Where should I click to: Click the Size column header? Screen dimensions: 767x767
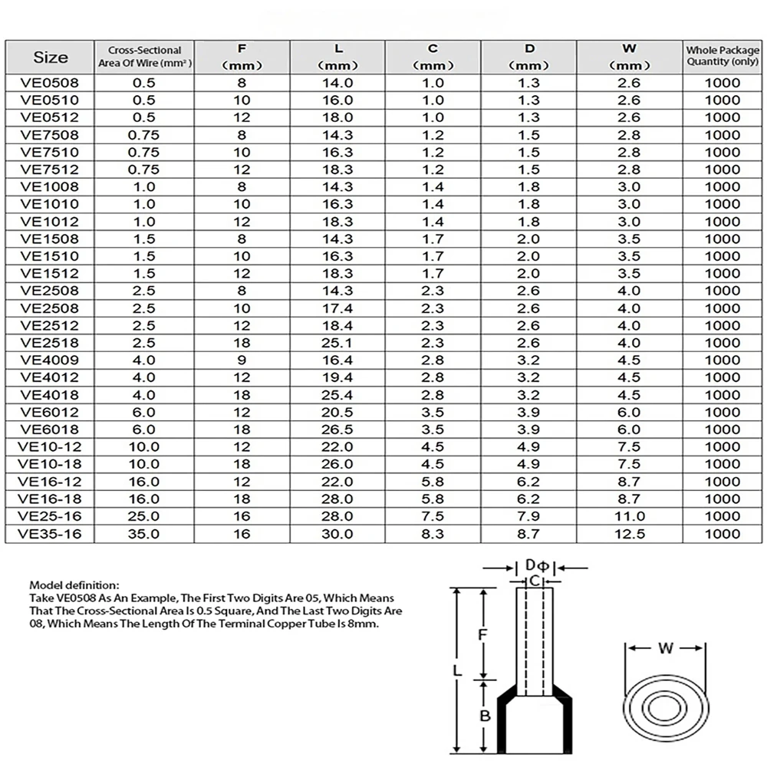click(51, 57)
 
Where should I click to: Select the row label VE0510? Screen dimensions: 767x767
click(51, 100)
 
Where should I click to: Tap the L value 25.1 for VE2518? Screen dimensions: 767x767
click(337, 343)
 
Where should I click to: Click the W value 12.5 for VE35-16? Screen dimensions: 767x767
click(629, 534)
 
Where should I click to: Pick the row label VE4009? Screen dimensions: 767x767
click(51, 360)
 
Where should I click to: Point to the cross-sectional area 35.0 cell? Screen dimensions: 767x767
click(144, 534)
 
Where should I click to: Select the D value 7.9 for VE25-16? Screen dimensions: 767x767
click(529, 516)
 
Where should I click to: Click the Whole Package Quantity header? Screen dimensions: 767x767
click(723, 56)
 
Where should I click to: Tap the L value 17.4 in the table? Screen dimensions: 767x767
click(337, 308)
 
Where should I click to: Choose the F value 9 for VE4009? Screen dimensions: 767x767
click(242, 360)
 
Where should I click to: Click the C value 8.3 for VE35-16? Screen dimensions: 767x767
click(433, 534)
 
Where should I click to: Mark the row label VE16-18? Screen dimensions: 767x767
click(51, 499)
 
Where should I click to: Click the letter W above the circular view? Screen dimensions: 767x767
click(666, 649)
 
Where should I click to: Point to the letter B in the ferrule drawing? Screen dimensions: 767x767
click(484, 716)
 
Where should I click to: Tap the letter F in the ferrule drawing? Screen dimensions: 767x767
click(482, 635)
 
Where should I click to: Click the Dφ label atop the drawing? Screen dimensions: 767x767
click(535, 566)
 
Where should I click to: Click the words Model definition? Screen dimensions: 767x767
click(74, 584)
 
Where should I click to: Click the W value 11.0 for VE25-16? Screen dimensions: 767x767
click(629, 516)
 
